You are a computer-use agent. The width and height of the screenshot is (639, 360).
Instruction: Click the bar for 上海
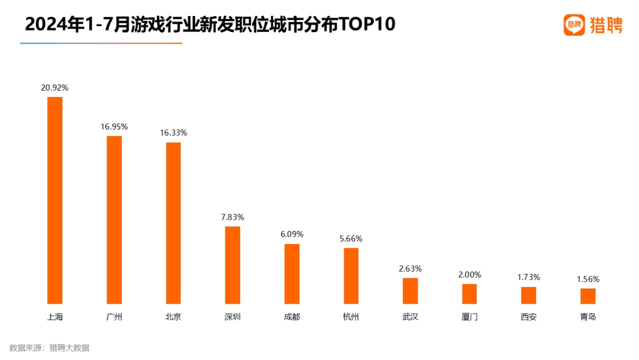pyautogui.click(x=54, y=200)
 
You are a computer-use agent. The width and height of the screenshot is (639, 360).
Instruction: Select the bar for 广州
pyautogui.click(x=114, y=220)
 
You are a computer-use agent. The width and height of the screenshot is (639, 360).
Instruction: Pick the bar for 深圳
pyautogui.click(x=233, y=265)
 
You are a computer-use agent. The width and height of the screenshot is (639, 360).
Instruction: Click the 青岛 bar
pyautogui.click(x=588, y=296)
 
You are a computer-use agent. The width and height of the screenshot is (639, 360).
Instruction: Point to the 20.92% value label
pyautogui.click(x=54, y=88)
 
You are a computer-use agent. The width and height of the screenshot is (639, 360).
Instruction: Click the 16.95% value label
pyautogui.click(x=114, y=127)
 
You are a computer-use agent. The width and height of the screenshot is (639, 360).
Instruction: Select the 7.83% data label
pyautogui.click(x=233, y=217)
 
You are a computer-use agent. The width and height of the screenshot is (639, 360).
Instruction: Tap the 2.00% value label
pyautogui.click(x=469, y=275)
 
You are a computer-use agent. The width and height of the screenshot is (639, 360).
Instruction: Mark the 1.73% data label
pyautogui.click(x=528, y=278)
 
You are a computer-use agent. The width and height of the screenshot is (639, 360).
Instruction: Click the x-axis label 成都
pyautogui.click(x=292, y=317)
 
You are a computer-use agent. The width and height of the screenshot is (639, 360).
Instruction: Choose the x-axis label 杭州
pyautogui.click(x=351, y=317)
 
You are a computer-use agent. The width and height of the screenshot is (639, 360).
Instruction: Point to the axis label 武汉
pyautogui.click(x=410, y=317)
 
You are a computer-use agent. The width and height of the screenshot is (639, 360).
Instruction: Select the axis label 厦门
pyautogui.click(x=469, y=317)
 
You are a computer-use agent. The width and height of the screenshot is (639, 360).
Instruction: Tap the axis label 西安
pyautogui.click(x=528, y=317)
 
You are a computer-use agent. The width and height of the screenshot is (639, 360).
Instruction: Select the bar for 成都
pyautogui.click(x=292, y=274)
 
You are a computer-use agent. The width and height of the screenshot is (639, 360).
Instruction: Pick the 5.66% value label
pyautogui.click(x=351, y=239)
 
